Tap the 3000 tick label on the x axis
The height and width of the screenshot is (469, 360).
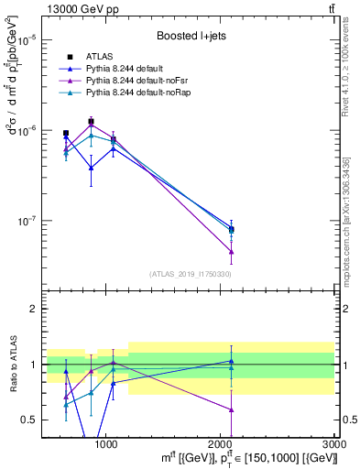pyautogui.click(x=333, y=443)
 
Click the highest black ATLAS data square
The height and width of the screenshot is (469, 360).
pyautogui.click(x=91, y=121)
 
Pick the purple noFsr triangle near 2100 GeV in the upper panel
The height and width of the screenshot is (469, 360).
pyautogui.click(x=231, y=251)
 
